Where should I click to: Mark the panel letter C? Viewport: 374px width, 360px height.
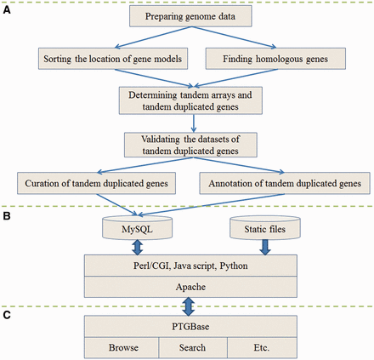7,316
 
